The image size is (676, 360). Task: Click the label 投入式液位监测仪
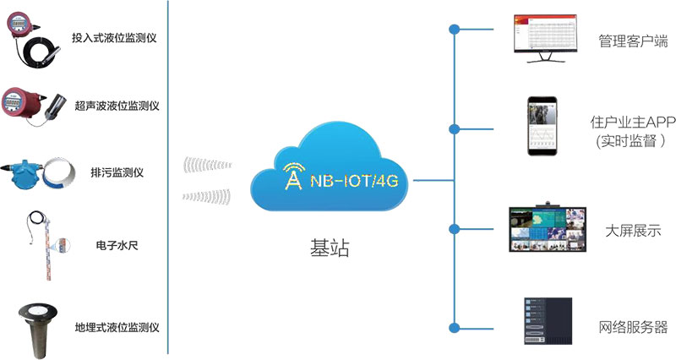116,38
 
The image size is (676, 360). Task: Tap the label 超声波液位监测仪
117,106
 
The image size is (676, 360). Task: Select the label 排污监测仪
117,172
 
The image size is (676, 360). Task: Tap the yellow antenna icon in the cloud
292,176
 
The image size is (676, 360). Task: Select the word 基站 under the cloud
330,248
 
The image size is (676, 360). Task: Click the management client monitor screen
545,34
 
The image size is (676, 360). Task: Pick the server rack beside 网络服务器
548,320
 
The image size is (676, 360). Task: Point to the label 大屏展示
633,230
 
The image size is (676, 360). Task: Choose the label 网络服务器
633,327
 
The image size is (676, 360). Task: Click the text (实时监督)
631,139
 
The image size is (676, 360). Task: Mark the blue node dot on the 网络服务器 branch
455,327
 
